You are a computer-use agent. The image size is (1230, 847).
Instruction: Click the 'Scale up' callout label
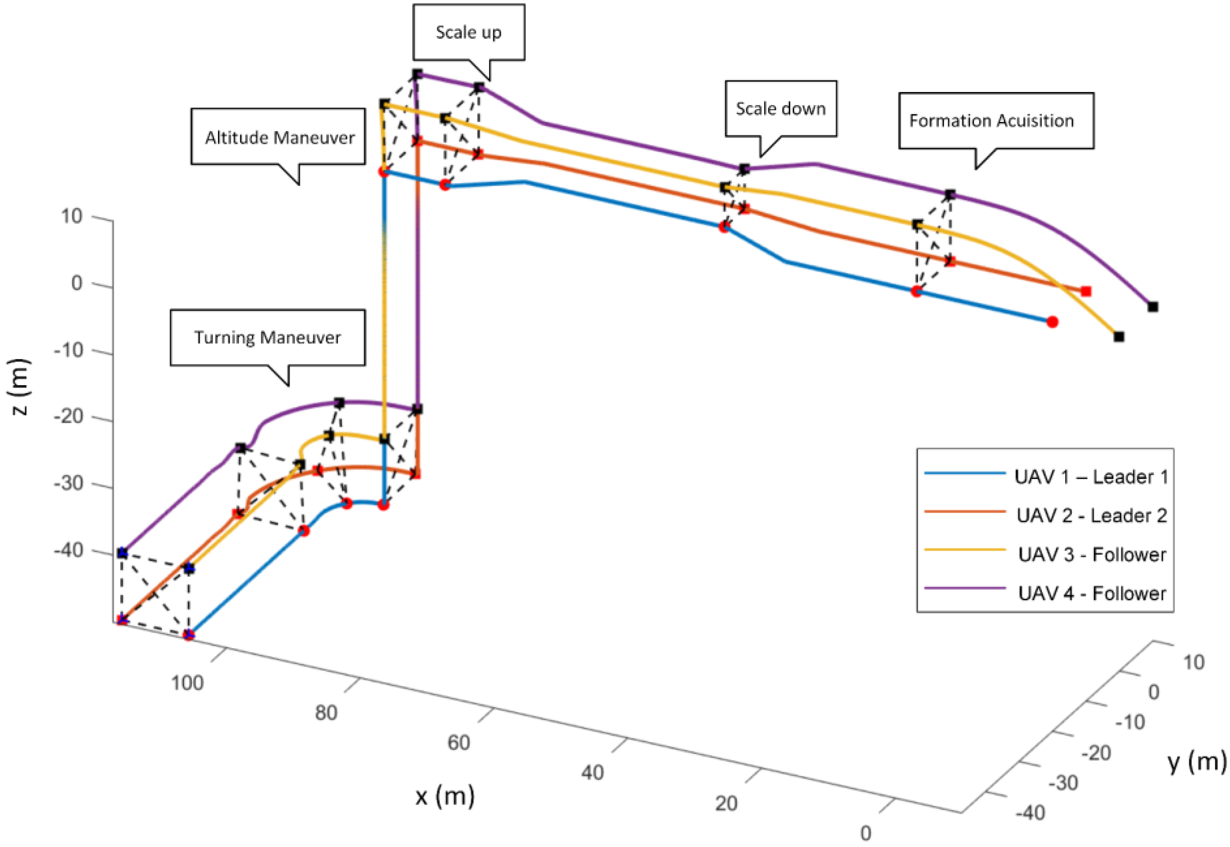(468, 33)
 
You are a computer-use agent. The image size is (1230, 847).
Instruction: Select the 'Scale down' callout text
(780, 109)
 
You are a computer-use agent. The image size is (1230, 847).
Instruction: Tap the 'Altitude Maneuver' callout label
(279, 138)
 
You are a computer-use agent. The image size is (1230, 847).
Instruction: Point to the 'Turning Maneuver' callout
(267, 337)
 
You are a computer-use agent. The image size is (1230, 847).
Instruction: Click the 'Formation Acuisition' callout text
(991, 121)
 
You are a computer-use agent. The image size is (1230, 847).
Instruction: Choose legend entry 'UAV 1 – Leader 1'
(1091, 477)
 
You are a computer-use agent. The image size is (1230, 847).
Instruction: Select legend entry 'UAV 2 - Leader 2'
(1091, 516)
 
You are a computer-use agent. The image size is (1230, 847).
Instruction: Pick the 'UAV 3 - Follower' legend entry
(1092, 554)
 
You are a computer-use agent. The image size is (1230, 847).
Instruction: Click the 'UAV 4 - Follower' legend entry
(1092, 593)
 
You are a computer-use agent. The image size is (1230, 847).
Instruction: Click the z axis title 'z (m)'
(20, 387)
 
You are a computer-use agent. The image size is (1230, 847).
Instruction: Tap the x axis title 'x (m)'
(445, 797)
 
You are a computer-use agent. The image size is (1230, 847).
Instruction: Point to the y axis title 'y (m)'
(1197, 761)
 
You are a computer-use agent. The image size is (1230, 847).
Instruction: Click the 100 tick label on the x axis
(187, 682)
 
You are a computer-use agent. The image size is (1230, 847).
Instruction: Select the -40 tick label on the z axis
(69, 551)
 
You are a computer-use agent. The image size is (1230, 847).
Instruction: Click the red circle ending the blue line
(1053, 322)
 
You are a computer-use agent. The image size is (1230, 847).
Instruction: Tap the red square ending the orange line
(1086, 291)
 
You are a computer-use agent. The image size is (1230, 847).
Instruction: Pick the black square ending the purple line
(1153, 307)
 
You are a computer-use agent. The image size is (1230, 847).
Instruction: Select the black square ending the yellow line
(1118, 336)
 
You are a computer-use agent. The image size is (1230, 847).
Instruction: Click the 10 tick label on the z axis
(72, 217)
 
